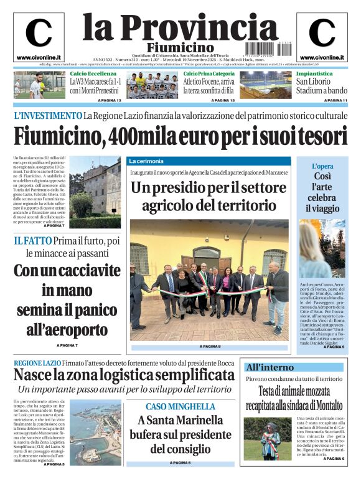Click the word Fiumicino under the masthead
[180, 48]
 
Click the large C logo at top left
[39, 33]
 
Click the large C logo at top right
[322, 33]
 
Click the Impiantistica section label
[314, 73]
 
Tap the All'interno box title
[270, 367]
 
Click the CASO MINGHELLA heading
[180, 406]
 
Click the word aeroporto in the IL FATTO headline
[67, 329]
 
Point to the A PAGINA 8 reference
[209, 346]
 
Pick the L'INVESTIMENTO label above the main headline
[47, 116]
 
